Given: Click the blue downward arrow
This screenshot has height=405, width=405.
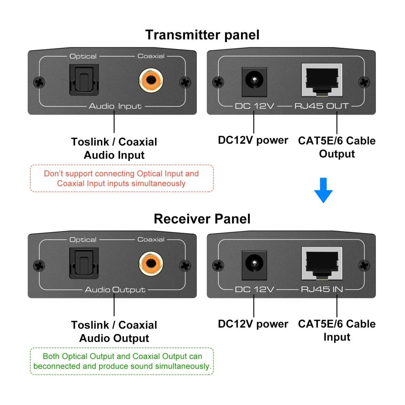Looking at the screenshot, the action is coord(323,190).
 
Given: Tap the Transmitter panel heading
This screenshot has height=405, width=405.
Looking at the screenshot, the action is coord(202,35).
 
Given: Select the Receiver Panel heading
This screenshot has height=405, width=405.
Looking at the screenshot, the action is coord(202,219).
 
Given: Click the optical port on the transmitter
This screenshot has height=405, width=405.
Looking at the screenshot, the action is coord(84,80).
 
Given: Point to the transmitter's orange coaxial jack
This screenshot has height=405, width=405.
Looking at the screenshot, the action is coord(151,80).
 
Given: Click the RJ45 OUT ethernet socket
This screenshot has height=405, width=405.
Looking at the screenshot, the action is coord(322,80).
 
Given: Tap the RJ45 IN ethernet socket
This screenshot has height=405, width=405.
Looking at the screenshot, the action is coord(322,264).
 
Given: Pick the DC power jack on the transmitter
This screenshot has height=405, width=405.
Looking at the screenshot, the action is coord(254,82).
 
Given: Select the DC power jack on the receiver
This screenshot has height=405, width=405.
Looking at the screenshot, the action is coord(254,265).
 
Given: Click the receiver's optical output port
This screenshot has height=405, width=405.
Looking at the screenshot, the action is coord(84,263).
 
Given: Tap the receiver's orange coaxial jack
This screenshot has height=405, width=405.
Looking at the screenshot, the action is coord(151,264).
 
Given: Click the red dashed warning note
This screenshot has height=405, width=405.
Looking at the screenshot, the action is coord(122,178).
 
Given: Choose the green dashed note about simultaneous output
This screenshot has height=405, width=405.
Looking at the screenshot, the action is coord(122,361).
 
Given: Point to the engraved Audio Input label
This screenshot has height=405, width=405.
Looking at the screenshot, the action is coord(115,106).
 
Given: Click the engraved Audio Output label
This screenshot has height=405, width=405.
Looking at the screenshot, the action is coord(115,290).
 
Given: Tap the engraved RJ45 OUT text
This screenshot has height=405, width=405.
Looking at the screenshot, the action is coord(322,106).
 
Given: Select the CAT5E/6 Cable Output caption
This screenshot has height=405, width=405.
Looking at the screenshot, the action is coord(337,147).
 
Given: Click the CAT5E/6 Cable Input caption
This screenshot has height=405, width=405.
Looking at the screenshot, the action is coord(337,330).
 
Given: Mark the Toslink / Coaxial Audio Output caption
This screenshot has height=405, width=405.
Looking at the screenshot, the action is coord(114,332).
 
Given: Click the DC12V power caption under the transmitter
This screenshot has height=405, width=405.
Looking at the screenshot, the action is coord(253,140).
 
